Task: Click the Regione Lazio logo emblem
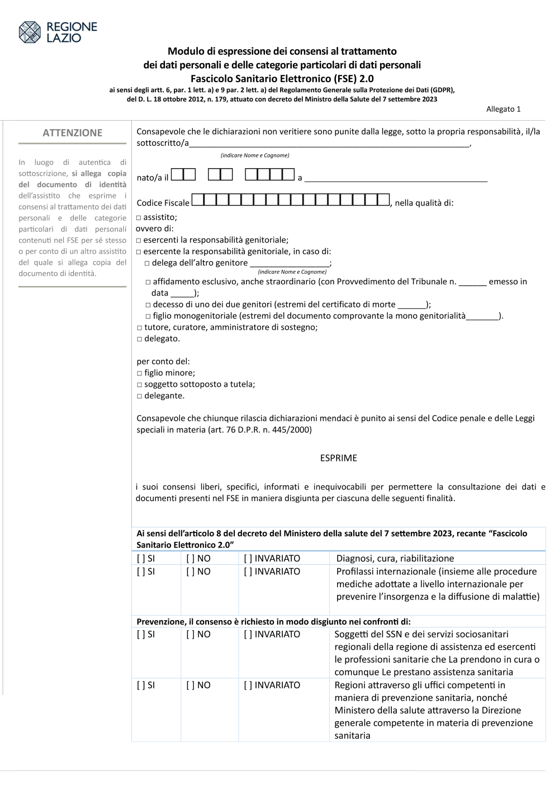tap(30, 32)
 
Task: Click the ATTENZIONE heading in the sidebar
tap(73, 133)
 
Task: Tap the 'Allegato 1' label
tap(503, 109)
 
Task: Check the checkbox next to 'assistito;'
tap(139, 218)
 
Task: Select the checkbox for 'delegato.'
tap(140, 339)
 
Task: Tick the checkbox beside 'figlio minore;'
tap(140, 373)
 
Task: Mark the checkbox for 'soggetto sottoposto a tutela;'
tap(140, 385)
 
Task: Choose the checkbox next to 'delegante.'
tap(140, 396)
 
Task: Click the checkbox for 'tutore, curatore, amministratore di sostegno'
tap(140, 328)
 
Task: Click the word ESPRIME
tap(338, 458)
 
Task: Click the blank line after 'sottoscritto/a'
tap(330, 144)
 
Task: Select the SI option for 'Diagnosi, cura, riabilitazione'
tap(146, 559)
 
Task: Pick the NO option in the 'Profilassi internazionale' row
tap(198, 572)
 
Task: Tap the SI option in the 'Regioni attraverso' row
tap(146, 685)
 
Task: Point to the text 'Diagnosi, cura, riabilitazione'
tap(395, 559)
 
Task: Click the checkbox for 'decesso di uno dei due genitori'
tap(148, 305)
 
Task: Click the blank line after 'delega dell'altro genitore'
tap(290, 263)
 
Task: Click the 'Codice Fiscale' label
tap(163, 203)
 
